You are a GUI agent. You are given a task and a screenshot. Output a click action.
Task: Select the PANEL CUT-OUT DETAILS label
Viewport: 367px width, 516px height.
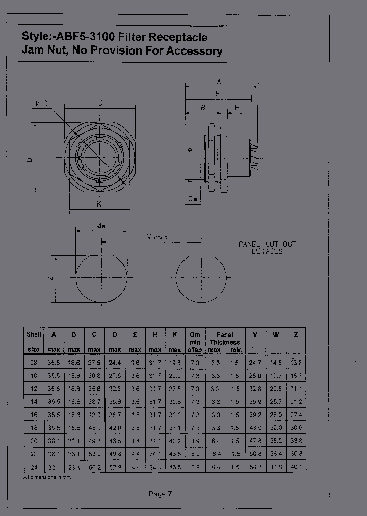267,248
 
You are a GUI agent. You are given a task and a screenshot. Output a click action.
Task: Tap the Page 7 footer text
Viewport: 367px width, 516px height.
160,493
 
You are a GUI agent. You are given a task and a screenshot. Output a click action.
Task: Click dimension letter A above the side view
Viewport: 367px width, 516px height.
219,81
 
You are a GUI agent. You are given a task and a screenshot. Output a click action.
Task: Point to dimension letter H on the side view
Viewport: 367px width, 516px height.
217,94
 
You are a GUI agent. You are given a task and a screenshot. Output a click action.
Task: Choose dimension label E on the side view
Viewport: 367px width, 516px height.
237,108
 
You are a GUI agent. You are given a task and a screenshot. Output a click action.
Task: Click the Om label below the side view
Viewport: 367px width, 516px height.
193,199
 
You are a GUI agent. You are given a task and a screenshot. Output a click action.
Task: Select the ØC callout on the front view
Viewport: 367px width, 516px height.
42,104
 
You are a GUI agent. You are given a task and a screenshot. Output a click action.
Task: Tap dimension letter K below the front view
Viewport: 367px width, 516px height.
99,204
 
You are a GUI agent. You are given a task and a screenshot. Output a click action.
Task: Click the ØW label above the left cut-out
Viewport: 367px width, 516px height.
101,226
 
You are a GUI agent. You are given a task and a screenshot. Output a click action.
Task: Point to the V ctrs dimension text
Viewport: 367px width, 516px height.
157,237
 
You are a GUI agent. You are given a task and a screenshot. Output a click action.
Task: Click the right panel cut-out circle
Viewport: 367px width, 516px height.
202,278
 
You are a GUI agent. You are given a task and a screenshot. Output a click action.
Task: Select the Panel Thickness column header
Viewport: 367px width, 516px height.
225,342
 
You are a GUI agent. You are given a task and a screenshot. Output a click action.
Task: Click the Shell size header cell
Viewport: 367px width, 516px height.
33,341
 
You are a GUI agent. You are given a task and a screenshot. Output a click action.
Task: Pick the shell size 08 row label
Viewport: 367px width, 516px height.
33,362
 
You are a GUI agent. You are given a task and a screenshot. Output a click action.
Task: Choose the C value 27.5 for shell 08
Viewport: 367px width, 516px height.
94,362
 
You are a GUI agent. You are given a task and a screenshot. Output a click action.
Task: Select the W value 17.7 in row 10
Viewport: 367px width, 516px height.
275,375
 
